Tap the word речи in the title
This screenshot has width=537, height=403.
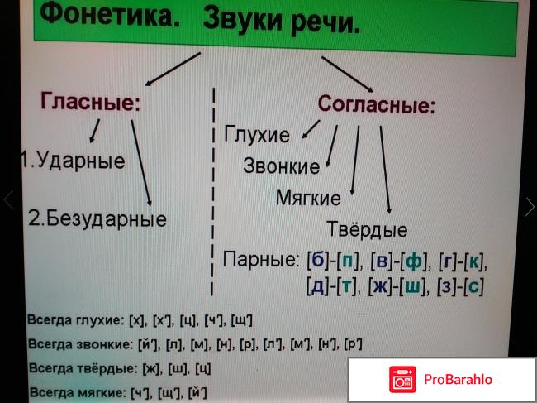(x=326, y=23)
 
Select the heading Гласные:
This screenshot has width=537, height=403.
(x=91, y=102)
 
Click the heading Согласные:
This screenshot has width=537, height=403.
(x=377, y=104)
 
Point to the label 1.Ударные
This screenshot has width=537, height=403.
(x=73, y=161)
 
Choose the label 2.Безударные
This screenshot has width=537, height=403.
(x=97, y=218)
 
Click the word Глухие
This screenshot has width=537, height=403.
(x=256, y=134)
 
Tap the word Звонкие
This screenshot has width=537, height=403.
(x=281, y=166)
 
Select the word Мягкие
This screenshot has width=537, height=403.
(x=308, y=198)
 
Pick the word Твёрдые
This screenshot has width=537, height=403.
(x=367, y=228)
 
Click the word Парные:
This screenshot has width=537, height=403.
(x=261, y=259)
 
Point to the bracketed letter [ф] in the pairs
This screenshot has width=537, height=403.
(x=414, y=262)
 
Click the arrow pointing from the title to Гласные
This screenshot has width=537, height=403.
(x=173, y=69)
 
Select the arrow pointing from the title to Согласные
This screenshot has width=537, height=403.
(x=347, y=74)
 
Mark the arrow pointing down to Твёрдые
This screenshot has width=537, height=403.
(x=385, y=170)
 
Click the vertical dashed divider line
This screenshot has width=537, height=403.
(x=213, y=191)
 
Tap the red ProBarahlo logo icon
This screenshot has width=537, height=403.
(x=402, y=379)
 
